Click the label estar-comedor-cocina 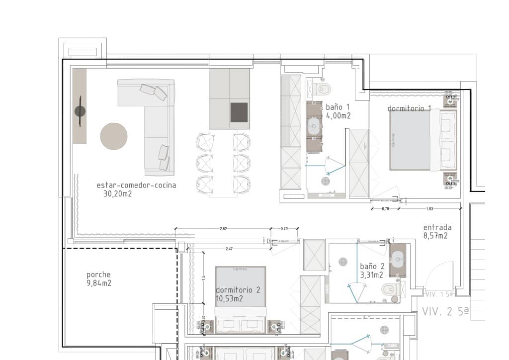pyautogui.click(x=136, y=185)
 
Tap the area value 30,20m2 pyautogui.click(x=117, y=194)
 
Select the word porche pyautogui.click(x=98, y=274)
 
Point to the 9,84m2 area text pyautogui.click(x=98, y=283)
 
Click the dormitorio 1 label pyautogui.click(x=409, y=108)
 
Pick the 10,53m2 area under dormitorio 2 pyautogui.click(x=229, y=298)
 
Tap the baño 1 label pyautogui.click(x=338, y=107)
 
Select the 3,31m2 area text pyautogui.click(x=371, y=274)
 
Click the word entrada pyautogui.click(x=437, y=227)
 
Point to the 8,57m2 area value pyautogui.click(x=435, y=236)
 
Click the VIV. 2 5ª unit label pyautogui.click(x=445, y=312)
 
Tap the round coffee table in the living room pyautogui.click(x=114, y=136)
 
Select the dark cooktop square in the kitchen pyautogui.click(x=239, y=112)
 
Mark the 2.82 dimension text pyautogui.click(x=223, y=229)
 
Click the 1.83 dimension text pyautogui.click(x=429, y=208)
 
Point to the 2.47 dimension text pyautogui.click(x=230, y=248)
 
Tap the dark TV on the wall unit pyautogui.click(x=80, y=111)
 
